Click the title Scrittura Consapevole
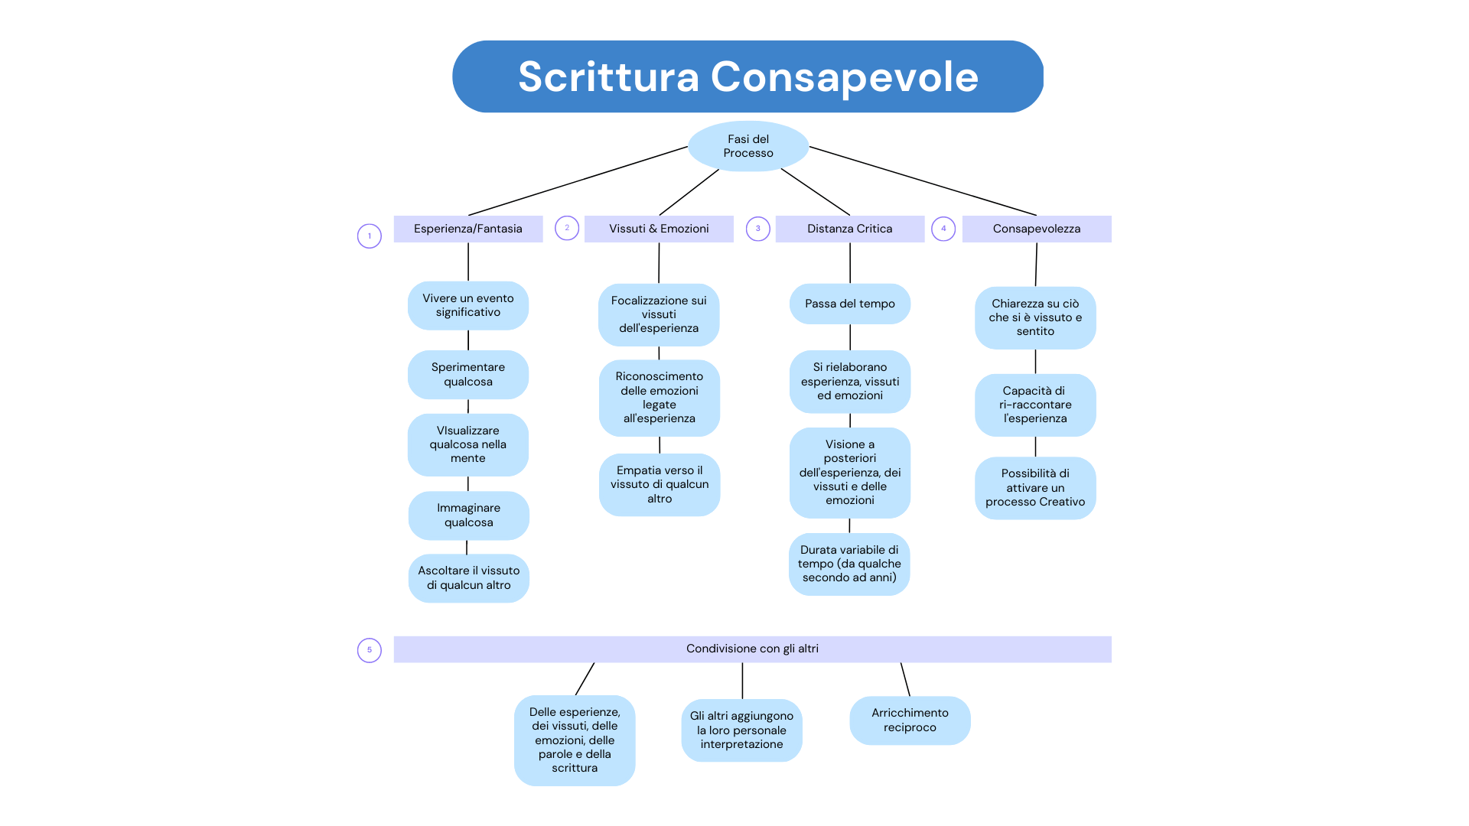point(748,76)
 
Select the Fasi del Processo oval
point(748,146)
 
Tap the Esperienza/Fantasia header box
point(468,229)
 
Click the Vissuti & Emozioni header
point(659,229)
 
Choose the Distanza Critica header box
point(850,229)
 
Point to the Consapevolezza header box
point(1037,229)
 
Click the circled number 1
point(370,236)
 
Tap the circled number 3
point(758,229)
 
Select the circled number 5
point(370,650)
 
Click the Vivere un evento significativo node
point(468,305)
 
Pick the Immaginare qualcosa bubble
point(469,515)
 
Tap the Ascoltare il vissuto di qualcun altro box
point(469,578)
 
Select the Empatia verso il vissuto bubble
point(660,485)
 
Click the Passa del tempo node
point(850,304)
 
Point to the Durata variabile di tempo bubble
point(849,564)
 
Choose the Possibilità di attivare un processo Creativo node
point(1035,488)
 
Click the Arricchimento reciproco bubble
point(910,720)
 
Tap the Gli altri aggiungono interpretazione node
point(741,730)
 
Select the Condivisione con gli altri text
point(752,649)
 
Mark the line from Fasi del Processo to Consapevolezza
point(923,181)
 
